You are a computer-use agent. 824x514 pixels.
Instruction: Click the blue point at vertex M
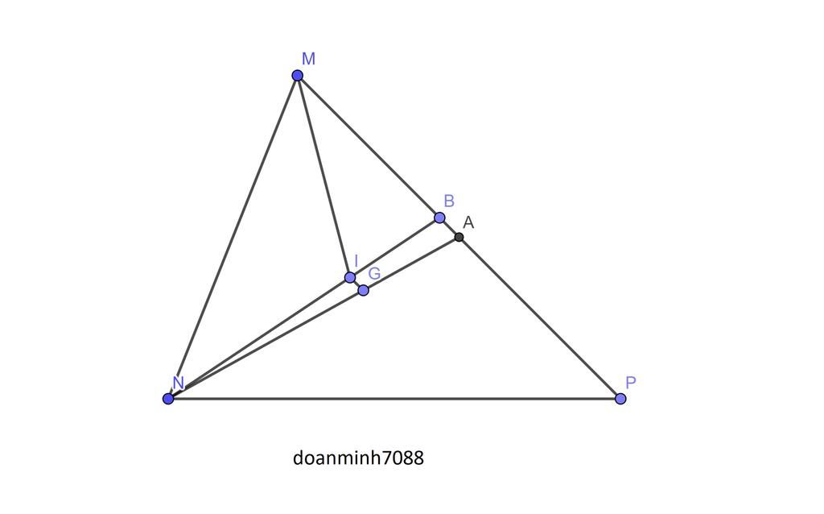(298, 76)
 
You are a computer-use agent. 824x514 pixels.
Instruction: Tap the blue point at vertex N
(168, 399)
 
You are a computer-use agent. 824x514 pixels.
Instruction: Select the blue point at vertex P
(620, 399)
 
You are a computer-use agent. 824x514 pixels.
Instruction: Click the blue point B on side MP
(439, 218)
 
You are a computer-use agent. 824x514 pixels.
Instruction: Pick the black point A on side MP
(459, 237)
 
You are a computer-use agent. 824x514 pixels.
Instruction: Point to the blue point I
(350, 278)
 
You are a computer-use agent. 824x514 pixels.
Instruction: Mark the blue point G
(363, 290)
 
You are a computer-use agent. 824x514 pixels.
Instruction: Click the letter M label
(308, 59)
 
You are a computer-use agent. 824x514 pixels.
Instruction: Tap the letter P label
(631, 383)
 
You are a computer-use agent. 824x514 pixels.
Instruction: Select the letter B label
(449, 201)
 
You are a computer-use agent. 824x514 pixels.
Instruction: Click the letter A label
(468, 222)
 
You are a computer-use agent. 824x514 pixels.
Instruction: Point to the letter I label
(356, 261)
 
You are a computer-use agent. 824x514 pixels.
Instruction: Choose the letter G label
(374, 274)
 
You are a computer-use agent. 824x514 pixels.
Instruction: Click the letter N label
(178, 383)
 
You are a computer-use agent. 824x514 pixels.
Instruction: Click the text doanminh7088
(358, 458)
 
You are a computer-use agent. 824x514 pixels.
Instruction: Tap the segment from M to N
(233, 237)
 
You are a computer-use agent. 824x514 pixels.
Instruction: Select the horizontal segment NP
(394, 399)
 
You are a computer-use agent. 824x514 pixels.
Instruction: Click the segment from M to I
(323, 176)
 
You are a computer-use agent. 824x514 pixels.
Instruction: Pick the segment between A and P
(539, 317)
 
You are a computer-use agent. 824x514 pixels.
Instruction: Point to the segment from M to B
(369, 147)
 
